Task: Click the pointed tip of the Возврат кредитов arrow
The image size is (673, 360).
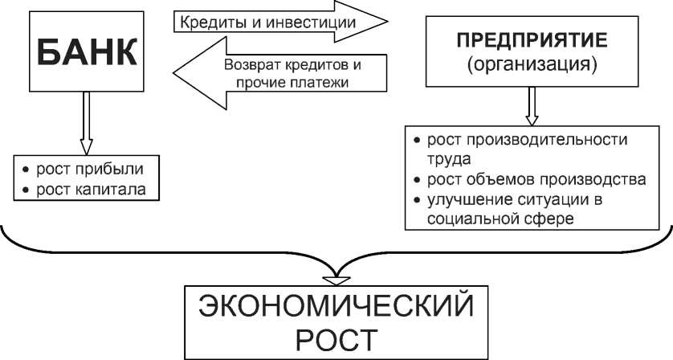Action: (x=176, y=73)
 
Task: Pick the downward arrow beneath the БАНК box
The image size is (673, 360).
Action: (x=86, y=125)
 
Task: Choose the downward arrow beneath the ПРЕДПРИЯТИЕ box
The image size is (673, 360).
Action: (x=530, y=105)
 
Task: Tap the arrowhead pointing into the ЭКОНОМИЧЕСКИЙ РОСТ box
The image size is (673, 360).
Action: (x=335, y=278)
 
